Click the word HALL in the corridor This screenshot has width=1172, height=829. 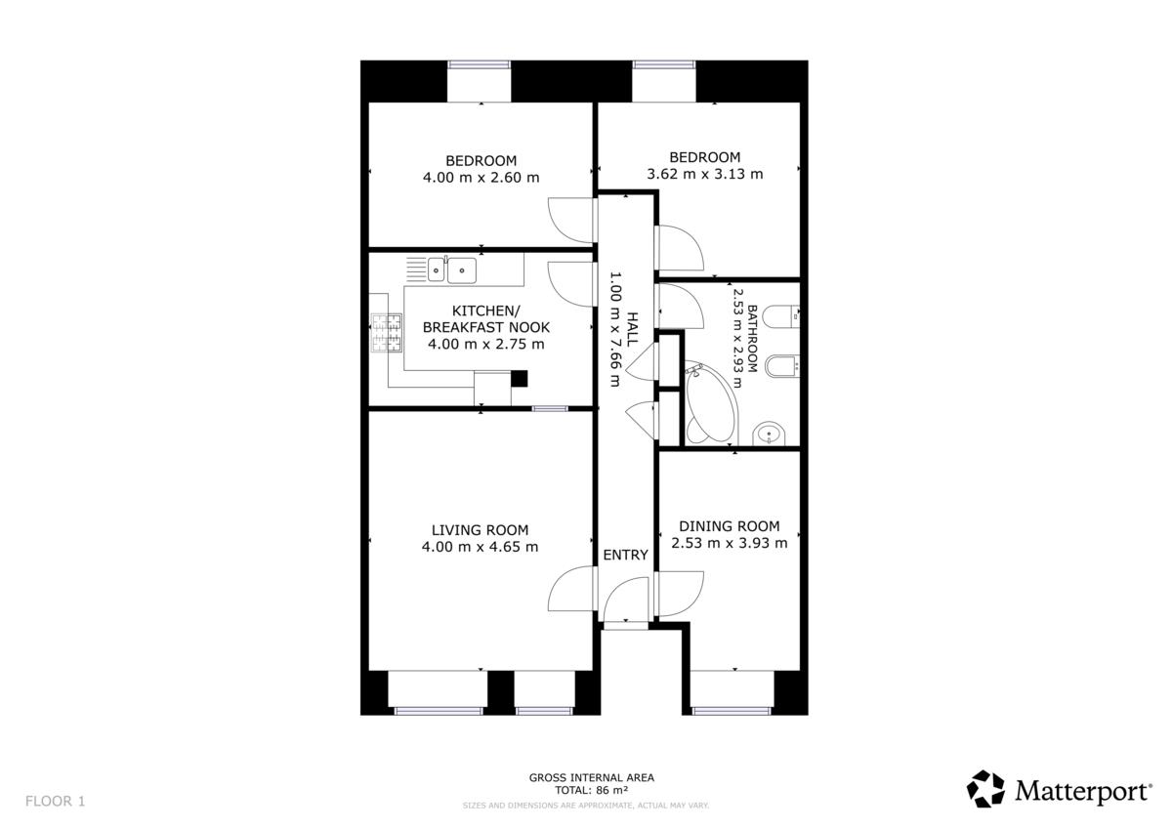(632, 328)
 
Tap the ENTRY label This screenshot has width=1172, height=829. (625, 555)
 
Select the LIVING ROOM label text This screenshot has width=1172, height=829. (480, 530)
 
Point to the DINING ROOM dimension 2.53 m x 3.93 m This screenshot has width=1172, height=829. (730, 543)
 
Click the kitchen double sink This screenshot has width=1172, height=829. (452, 269)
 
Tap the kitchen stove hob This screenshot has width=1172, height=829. (387, 332)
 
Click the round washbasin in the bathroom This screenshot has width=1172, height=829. (770, 434)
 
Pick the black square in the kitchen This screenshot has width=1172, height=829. (519, 378)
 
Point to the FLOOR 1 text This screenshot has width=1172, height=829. (55, 801)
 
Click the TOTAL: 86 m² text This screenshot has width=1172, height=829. (591, 790)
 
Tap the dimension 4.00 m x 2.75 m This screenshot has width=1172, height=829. (486, 344)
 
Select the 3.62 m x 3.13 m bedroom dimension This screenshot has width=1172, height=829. (705, 174)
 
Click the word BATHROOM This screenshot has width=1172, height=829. (752, 339)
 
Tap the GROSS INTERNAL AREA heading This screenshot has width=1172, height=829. (591, 778)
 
